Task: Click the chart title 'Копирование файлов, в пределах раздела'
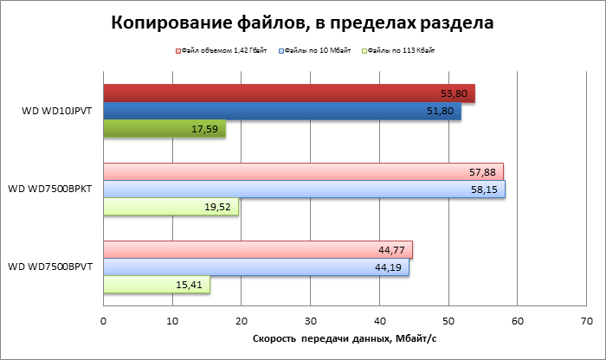point(303,23)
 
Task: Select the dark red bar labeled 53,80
point(289,93)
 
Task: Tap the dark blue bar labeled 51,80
point(282,111)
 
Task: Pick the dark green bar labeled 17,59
point(164,129)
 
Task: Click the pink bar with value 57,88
point(303,171)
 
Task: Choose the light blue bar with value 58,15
point(304,189)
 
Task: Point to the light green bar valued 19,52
point(171,207)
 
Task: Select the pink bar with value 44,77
point(258,250)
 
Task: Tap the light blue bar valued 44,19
point(256,267)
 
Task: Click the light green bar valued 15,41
point(157,285)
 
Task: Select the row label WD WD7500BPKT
point(52,189)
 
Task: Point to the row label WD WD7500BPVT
point(52,267)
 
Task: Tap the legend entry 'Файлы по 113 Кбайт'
point(400,52)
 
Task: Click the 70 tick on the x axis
point(586,321)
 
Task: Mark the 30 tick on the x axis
point(310,321)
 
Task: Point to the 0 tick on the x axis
point(103,321)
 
